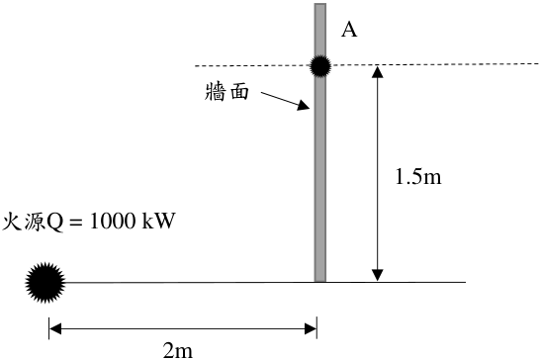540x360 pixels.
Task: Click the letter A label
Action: (349, 30)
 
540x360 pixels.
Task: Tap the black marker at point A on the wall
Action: (320, 66)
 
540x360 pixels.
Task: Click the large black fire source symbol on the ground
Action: (45, 283)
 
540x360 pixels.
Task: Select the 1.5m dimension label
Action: (418, 177)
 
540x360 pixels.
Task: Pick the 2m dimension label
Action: (178, 351)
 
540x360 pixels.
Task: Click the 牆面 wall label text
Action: (226, 92)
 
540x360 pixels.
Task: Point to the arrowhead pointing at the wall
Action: (304, 106)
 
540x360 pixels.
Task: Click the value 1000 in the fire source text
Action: (113, 221)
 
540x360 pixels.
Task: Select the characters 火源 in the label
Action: (24, 222)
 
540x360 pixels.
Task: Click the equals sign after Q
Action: (76, 222)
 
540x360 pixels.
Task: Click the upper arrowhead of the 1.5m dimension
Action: (378, 71)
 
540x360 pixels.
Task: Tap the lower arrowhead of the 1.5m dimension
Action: (378, 275)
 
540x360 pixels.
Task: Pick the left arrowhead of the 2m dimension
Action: (55, 328)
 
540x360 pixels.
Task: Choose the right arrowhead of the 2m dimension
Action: (311, 328)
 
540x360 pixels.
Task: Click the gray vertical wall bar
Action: (320, 142)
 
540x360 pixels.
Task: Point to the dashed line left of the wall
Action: (252, 65)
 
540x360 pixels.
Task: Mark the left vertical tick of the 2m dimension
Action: (48, 328)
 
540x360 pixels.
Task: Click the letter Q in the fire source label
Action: (55, 223)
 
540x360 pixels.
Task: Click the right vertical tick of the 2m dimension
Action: (316, 328)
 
